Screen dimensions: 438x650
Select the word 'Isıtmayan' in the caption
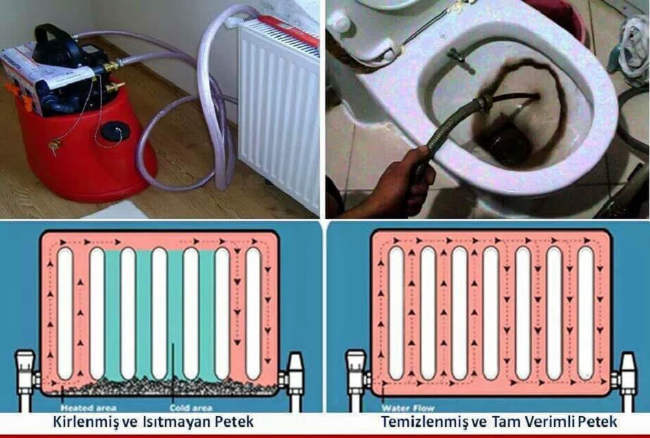[x=174, y=422]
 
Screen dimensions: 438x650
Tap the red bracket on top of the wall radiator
[x=288, y=31]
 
